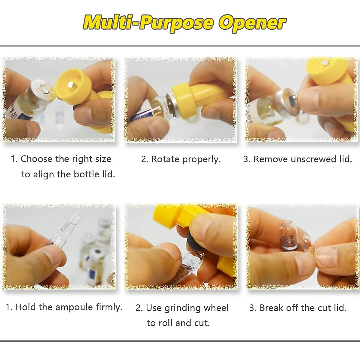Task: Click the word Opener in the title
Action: [252, 22]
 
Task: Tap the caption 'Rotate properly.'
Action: [181, 159]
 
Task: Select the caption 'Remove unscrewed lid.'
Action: [298, 159]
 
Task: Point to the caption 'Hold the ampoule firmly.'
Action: [64, 307]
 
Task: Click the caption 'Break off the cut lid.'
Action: [298, 307]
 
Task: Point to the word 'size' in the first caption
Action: [103, 159]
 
